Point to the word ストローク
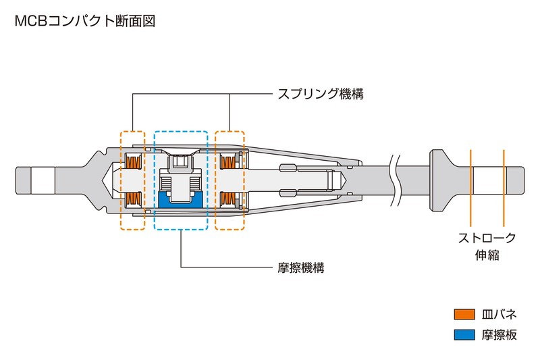coord(487,238)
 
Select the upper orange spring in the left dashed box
coord(133,162)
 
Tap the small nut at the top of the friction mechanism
coord(181,161)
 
